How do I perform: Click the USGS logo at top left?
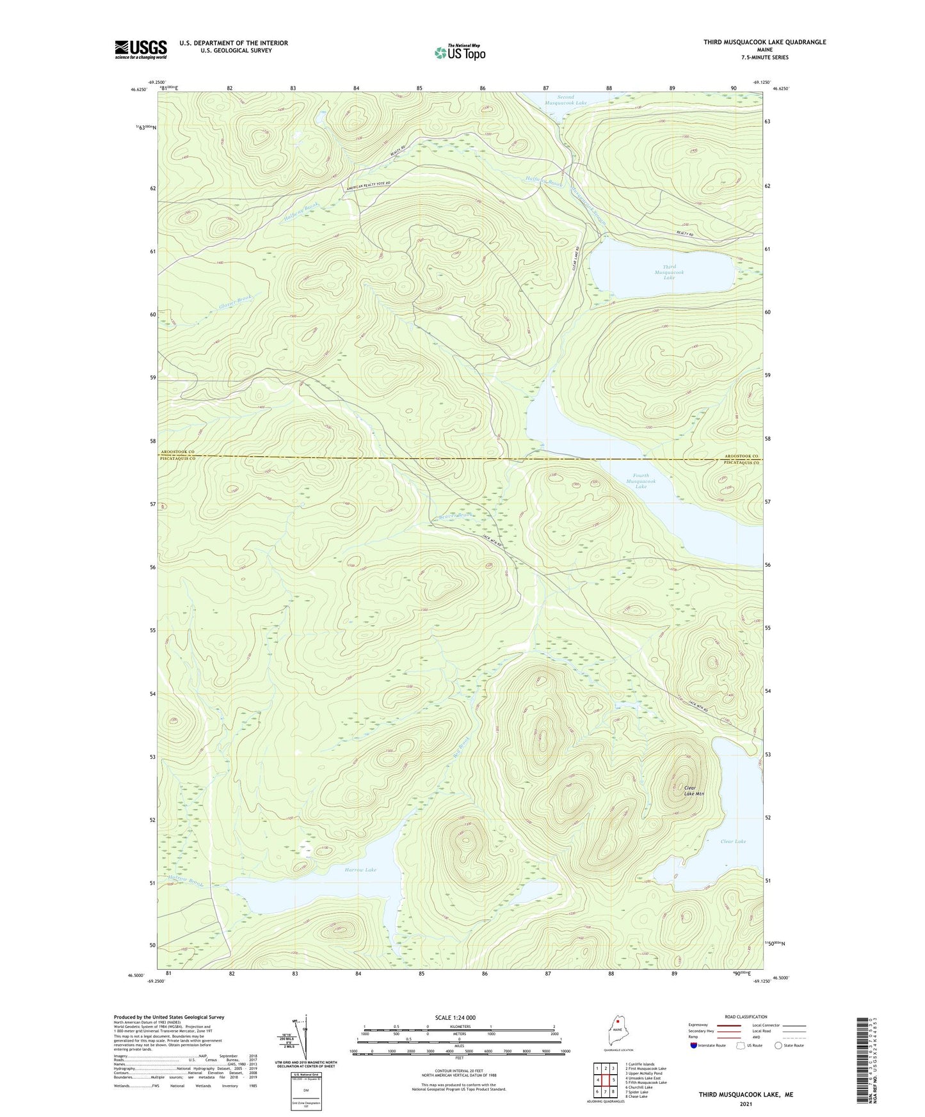141,49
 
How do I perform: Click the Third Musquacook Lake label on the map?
669,273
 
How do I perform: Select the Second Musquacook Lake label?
565,100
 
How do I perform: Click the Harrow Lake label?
360,870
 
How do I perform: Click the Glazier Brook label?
236,301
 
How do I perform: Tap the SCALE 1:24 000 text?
455,1017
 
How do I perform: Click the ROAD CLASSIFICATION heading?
746,1017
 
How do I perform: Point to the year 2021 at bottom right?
746,1104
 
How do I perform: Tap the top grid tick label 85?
419,88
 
